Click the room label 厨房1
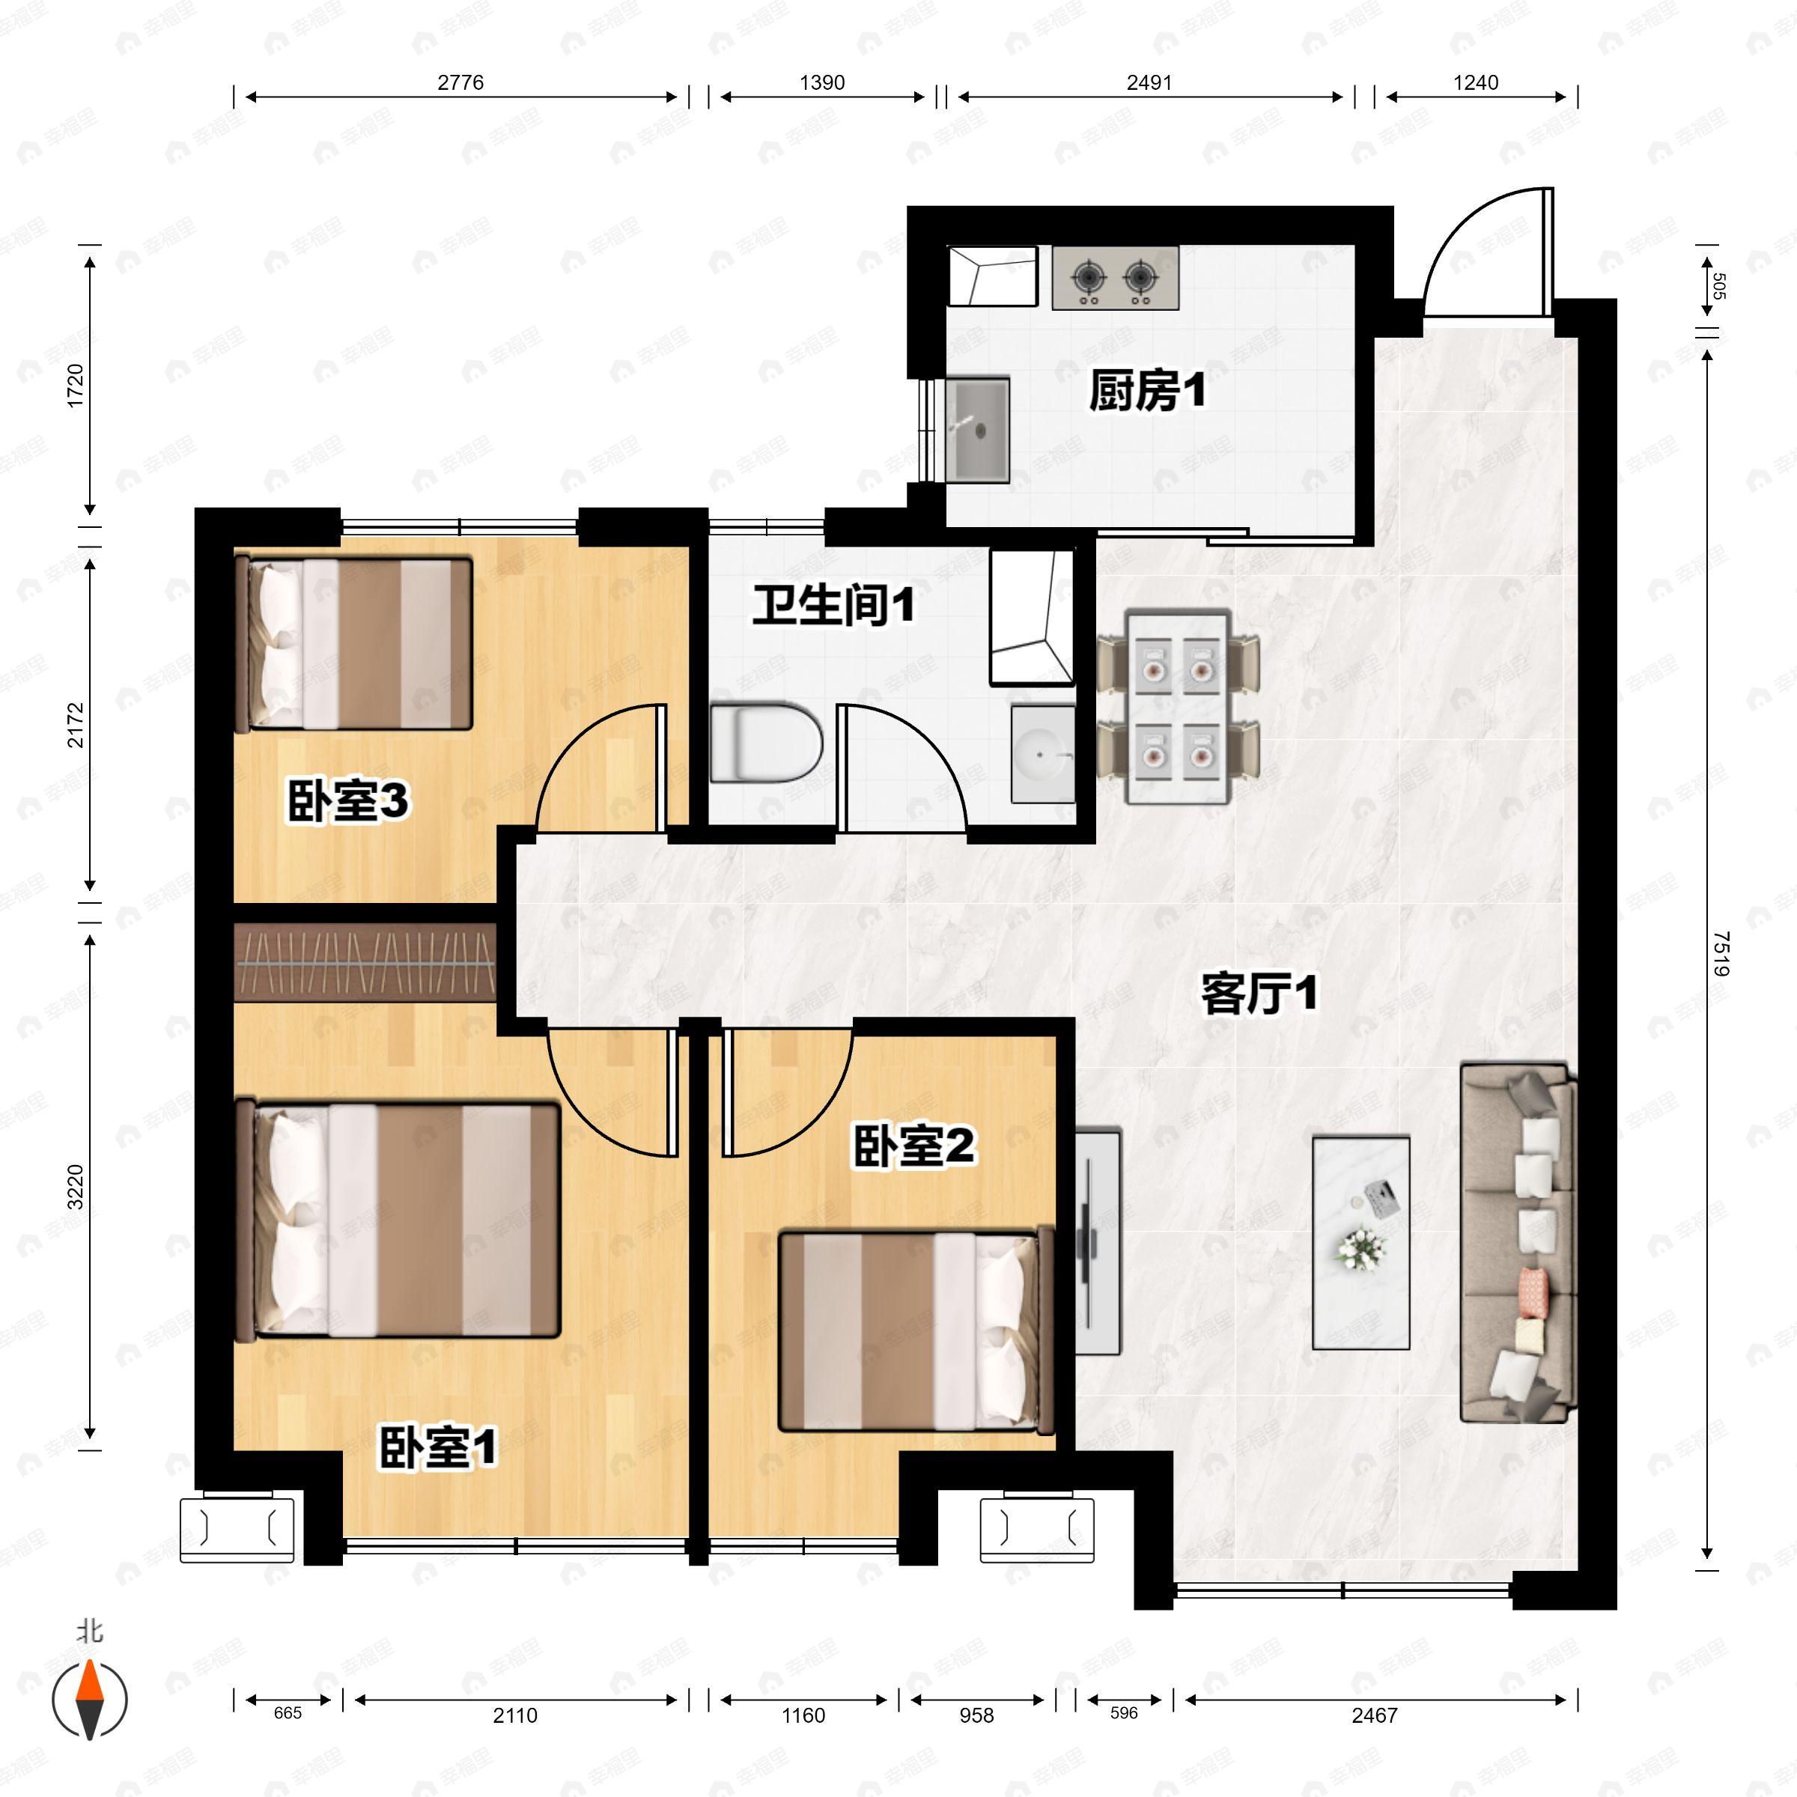pyautogui.click(x=1147, y=392)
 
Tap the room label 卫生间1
pyautogui.click(x=833, y=606)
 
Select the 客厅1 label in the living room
pyautogui.click(x=1259, y=995)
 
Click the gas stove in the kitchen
pyautogui.click(x=1115, y=277)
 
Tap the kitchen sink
pyautogui.click(x=978, y=430)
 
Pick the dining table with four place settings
pyautogui.click(x=1179, y=707)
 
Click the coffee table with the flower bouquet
pyautogui.click(x=1360, y=1241)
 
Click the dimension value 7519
pyautogui.click(x=1719, y=952)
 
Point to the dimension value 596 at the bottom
pyautogui.click(x=1124, y=1712)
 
